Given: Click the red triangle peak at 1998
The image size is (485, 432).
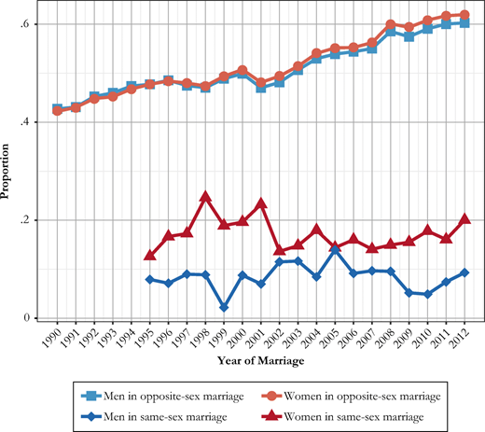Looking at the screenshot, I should (x=206, y=197).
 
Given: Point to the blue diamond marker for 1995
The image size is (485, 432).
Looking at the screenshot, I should (x=149, y=279).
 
